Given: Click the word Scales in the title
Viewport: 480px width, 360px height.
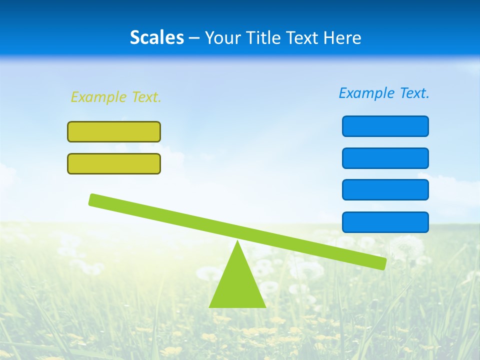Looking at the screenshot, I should pyautogui.click(x=156, y=37).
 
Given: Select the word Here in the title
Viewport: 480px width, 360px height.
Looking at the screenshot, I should pyautogui.click(x=342, y=37).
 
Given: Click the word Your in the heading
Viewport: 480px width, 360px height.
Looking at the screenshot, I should pyautogui.click(x=223, y=37).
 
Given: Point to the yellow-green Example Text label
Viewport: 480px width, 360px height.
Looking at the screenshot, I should pyautogui.click(x=116, y=97).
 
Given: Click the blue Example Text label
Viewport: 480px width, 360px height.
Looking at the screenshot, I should pyautogui.click(x=384, y=93).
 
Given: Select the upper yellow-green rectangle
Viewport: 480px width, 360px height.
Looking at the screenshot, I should pyautogui.click(x=114, y=131).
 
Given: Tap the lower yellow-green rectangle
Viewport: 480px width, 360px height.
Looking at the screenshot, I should pyautogui.click(x=114, y=163).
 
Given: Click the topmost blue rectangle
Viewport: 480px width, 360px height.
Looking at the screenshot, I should pyautogui.click(x=385, y=126).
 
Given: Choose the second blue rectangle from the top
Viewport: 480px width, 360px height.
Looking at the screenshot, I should pyautogui.click(x=385, y=158).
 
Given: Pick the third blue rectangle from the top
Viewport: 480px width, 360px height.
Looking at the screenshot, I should pyautogui.click(x=385, y=189).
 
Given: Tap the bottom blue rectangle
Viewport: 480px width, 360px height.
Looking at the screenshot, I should pyautogui.click(x=385, y=222).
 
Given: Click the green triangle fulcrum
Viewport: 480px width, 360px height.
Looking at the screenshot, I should pyautogui.click(x=237, y=285).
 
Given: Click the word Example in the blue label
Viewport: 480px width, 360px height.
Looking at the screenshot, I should pyautogui.click(x=366, y=93).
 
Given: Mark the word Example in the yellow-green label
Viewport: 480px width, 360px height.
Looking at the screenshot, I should pyautogui.click(x=98, y=97).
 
